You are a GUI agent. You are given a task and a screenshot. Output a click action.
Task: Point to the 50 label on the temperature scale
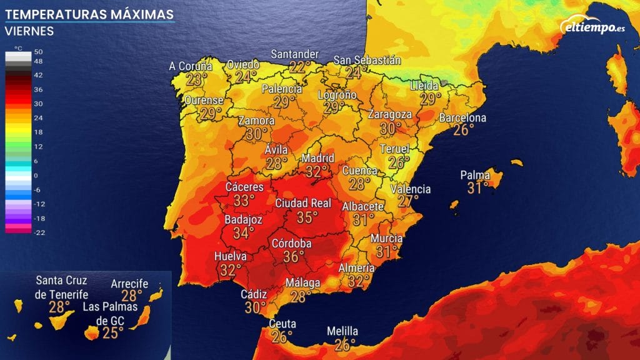(x=38, y=52)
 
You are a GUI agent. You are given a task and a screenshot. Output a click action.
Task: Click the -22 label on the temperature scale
(x=38, y=232)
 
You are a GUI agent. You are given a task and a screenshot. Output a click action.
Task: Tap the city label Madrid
(x=318, y=158)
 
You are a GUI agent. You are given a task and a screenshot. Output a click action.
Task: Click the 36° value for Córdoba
(x=294, y=256)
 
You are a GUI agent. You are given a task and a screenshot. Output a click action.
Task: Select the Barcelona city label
(x=462, y=118)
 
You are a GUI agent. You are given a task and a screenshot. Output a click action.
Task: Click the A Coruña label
(x=191, y=66)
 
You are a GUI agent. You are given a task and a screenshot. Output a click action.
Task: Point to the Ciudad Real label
(x=303, y=204)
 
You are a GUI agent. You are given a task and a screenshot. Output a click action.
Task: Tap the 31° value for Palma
(x=478, y=187)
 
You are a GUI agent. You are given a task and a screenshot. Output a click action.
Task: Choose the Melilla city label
(x=342, y=331)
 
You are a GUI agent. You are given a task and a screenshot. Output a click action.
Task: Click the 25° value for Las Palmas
(x=113, y=332)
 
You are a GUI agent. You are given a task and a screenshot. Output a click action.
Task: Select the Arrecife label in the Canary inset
(x=129, y=284)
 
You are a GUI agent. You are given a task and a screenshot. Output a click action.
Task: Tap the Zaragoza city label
(x=390, y=115)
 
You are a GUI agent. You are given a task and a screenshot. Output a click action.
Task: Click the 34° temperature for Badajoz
(x=243, y=233)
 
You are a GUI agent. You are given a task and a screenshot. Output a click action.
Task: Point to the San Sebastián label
(x=367, y=60)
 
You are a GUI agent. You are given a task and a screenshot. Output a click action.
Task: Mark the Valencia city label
(x=410, y=189)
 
